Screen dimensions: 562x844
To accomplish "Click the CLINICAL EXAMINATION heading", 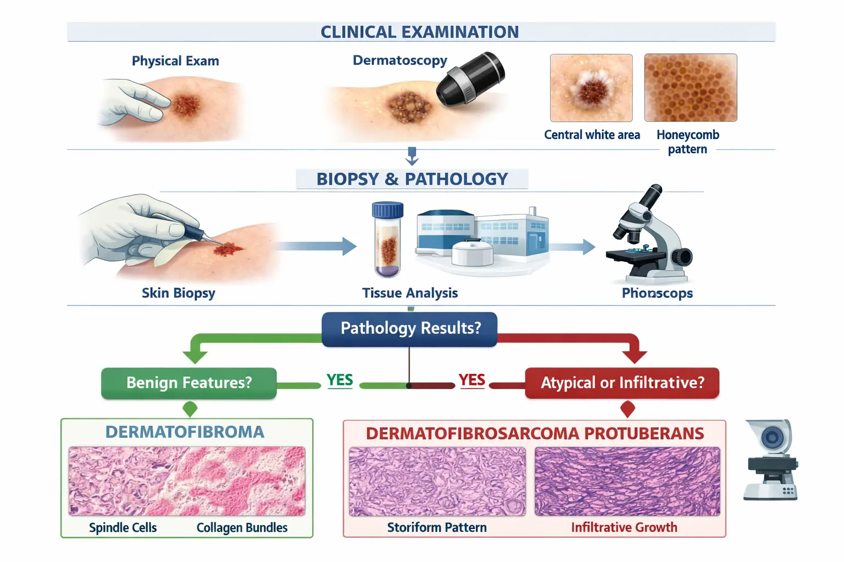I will [419, 32].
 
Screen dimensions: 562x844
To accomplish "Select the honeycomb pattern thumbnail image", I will [690, 87].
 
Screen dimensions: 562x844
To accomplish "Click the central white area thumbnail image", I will [591, 88].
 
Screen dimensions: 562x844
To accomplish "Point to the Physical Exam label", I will [175, 61].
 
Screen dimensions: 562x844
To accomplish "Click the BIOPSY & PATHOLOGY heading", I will [412, 179].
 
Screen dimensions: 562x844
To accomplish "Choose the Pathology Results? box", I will [409, 329].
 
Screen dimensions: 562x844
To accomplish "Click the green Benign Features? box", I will [189, 383].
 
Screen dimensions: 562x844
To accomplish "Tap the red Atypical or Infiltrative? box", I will [622, 383].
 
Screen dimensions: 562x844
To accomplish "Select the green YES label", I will [340, 380].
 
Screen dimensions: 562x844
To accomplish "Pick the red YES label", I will [472, 380].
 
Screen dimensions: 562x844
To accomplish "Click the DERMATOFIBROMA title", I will [185, 432].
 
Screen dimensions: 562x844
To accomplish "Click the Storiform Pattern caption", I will [437, 527].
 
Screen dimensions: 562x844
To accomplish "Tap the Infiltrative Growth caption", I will [624, 527].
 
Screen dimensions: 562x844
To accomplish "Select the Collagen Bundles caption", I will [242, 527].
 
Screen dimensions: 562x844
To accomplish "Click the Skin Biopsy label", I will [179, 293].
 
